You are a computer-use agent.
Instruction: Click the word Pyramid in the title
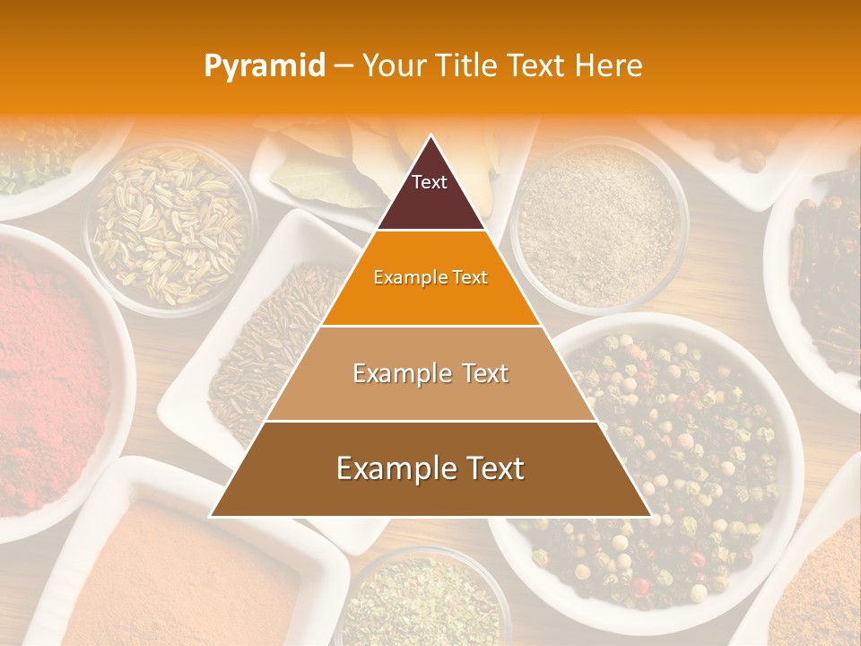pos(264,66)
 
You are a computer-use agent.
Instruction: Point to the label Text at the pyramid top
pos(429,182)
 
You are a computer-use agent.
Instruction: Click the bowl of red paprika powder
pos(49,377)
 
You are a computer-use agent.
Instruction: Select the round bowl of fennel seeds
pos(170,224)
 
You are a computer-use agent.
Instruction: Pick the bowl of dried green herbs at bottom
pos(422,601)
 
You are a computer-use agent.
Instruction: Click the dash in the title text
pos(344,66)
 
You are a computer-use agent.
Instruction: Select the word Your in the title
pos(391,65)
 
